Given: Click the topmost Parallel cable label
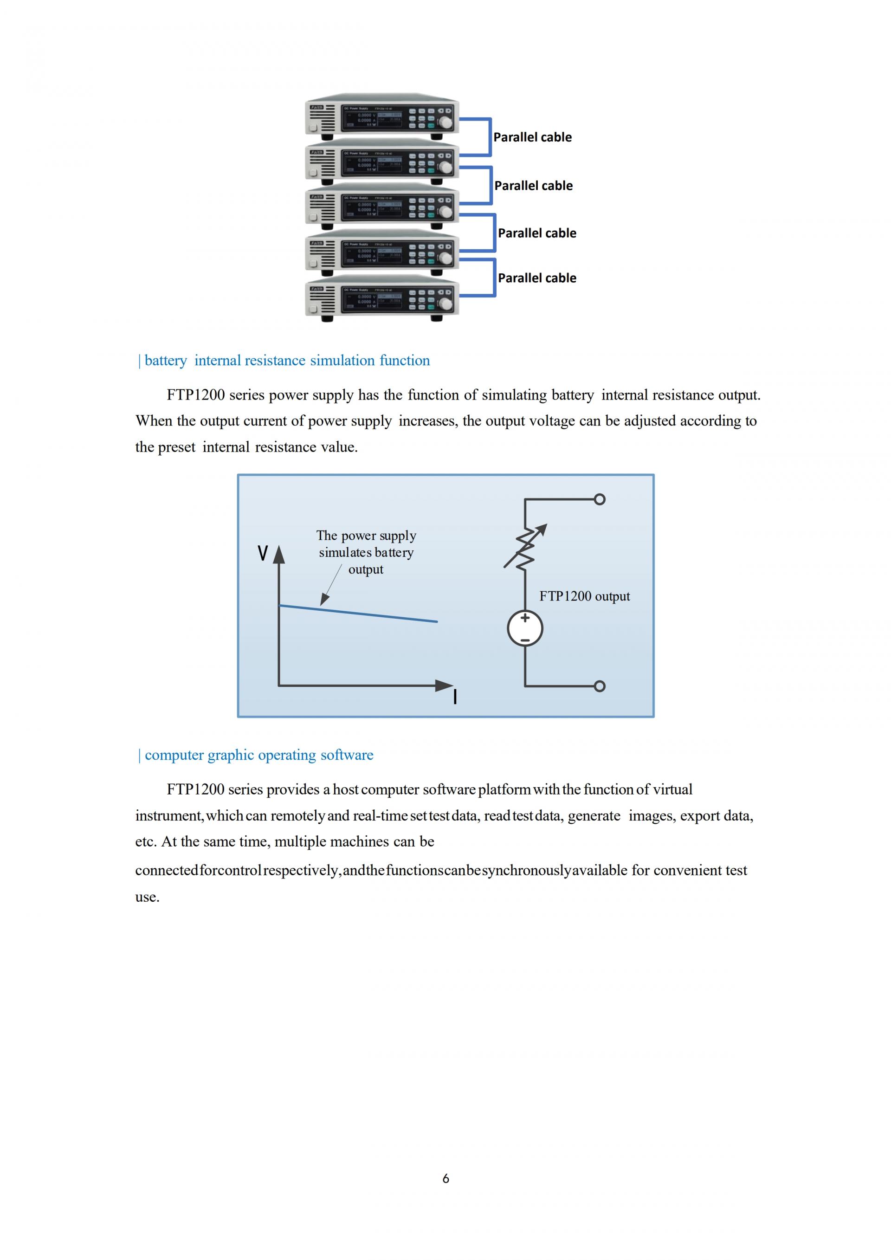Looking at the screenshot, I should tap(532, 137).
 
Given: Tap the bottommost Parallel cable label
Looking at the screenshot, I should tap(536, 278).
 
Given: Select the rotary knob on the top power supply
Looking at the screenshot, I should tap(446, 123).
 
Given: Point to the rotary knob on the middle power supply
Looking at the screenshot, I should tap(446, 212).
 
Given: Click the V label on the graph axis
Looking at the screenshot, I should tap(263, 553).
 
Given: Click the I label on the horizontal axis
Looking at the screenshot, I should tap(455, 697).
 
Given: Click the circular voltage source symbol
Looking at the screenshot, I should tap(525, 629).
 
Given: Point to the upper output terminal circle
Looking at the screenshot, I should tap(600, 499).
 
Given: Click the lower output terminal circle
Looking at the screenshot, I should tap(600, 686).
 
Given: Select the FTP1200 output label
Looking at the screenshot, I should tap(584, 596).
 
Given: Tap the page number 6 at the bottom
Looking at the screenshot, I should tap(445, 1178).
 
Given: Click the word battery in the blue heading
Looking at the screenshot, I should tap(166, 361).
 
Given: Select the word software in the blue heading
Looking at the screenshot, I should tap(347, 755).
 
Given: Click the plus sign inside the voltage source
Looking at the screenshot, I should tap(525, 618).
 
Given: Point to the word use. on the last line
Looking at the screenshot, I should tap(147, 897).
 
